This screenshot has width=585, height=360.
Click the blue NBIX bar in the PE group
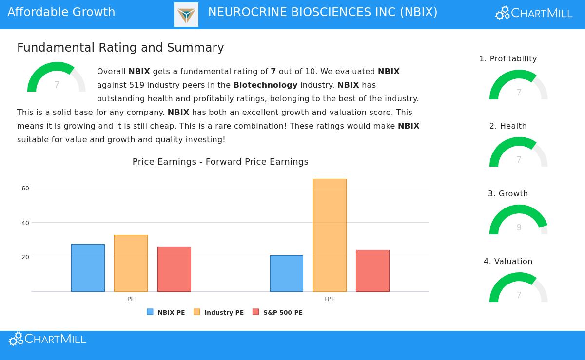[88, 268]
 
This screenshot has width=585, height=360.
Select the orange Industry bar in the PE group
[131, 263]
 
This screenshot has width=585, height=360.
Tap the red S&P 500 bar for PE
[174, 269]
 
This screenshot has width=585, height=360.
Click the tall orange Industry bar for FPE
[330, 235]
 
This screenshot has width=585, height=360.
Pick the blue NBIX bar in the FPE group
[287, 273]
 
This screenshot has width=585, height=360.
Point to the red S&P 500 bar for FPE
[372, 271]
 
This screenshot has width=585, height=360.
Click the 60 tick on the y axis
[25, 189]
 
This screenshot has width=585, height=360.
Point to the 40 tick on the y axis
[25, 223]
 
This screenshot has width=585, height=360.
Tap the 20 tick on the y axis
[25, 257]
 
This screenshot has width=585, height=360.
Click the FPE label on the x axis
[330, 299]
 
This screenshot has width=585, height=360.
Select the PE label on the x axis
[131, 299]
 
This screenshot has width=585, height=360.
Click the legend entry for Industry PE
[219, 313]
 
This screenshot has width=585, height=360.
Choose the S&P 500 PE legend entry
[278, 313]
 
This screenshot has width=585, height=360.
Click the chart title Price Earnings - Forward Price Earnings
[220, 162]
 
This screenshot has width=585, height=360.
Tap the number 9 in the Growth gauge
[519, 227]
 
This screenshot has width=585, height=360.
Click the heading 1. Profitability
[508, 59]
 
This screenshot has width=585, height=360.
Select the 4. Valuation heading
[508, 262]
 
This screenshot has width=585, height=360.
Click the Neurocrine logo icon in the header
[186, 15]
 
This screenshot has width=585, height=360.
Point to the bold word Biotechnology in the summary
[265, 85]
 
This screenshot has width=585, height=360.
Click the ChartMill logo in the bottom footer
[48, 339]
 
